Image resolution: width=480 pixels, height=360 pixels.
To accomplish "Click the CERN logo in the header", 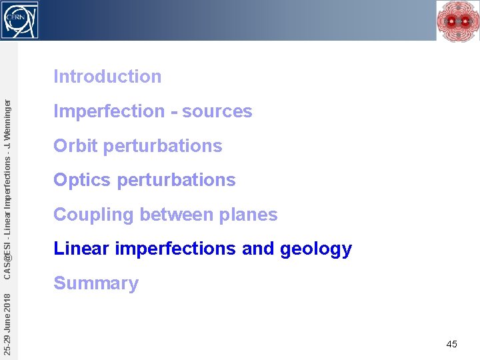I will tap(20, 19).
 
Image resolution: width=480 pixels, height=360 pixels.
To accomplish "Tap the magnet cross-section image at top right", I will tap(457, 21).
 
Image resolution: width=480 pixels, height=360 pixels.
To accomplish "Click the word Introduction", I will tap(107, 77).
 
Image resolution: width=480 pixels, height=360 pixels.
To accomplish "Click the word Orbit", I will tap(75, 146).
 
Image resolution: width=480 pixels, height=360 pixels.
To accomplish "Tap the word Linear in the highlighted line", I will tap(81, 249).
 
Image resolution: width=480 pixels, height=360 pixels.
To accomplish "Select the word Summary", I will tap(96, 283).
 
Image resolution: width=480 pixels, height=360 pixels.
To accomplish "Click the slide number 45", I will tap(451, 344).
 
